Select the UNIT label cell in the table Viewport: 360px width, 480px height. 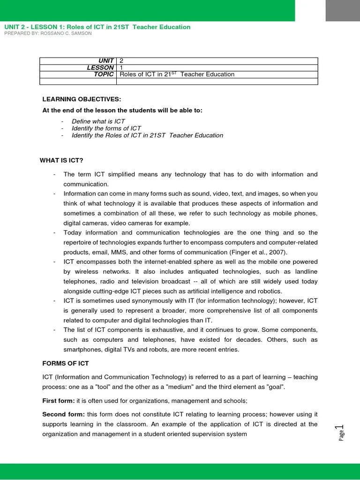pyautogui.click(x=105, y=61)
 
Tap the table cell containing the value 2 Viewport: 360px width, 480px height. pyautogui.click(x=122, y=61)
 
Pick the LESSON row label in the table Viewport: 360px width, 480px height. pyautogui.click(x=101, y=67)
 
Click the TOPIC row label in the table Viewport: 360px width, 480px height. pyautogui.click(x=104, y=74)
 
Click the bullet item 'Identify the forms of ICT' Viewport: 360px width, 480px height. pyautogui.click(x=106, y=128)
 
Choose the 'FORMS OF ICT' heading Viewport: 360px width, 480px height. pyautogui.click(x=66, y=363)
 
